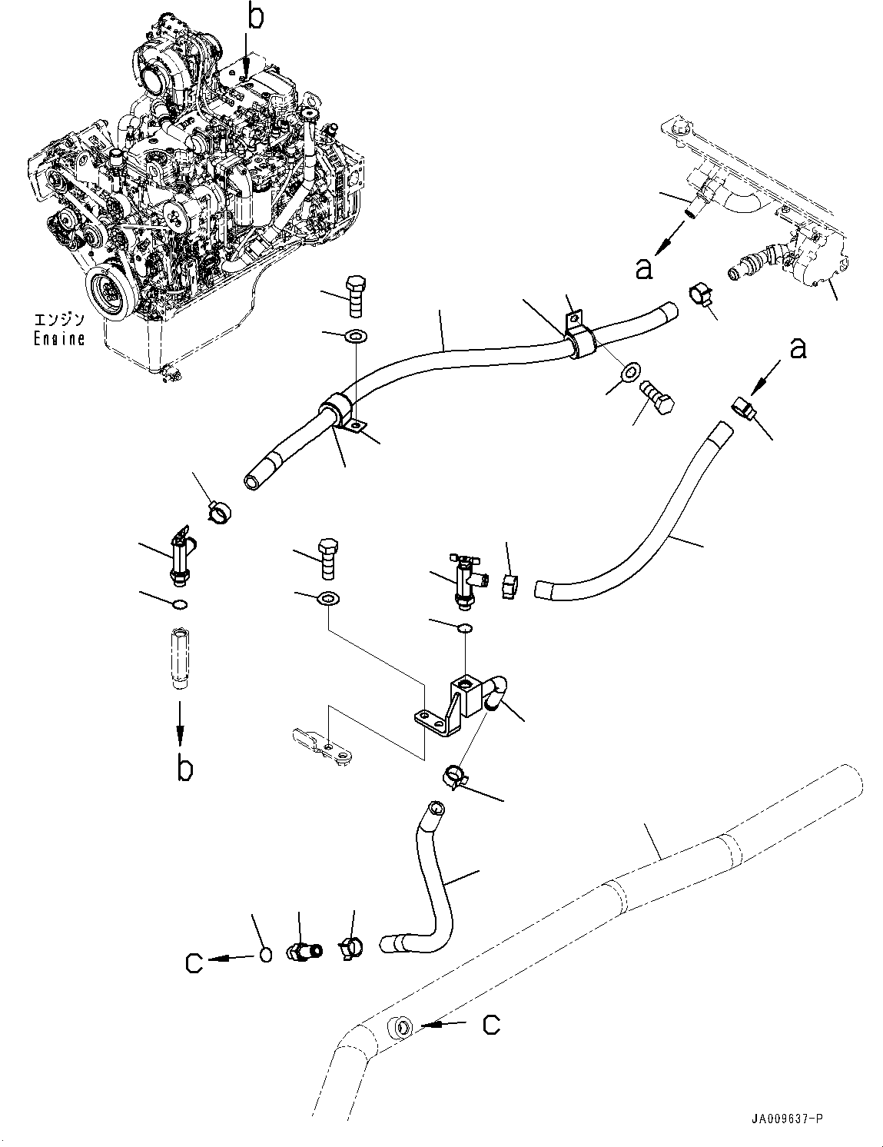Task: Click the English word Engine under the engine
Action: click(58, 338)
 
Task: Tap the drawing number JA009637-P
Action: click(786, 1121)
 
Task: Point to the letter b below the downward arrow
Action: click(183, 768)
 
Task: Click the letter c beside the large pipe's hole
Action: click(492, 1024)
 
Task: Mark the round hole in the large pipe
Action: click(400, 1026)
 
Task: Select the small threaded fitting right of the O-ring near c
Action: click(300, 950)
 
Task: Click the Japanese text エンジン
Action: click(58, 320)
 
